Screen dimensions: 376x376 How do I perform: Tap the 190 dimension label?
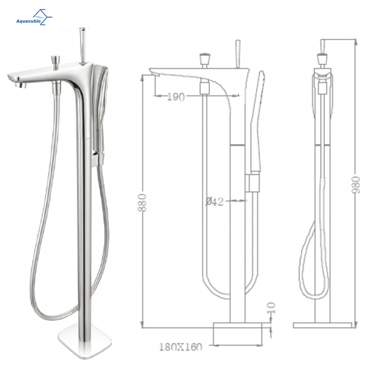pyautogui.click(x=176, y=97)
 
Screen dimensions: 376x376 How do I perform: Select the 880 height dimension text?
pyautogui.click(x=142, y=203)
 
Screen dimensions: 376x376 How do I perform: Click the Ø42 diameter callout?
pyautogui.click(x=215, y=202)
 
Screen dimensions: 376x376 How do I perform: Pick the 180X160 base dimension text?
pyautogui.click(x=180, y=347)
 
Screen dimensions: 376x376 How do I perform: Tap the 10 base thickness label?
pyautogui.click(x=271, y=308)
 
